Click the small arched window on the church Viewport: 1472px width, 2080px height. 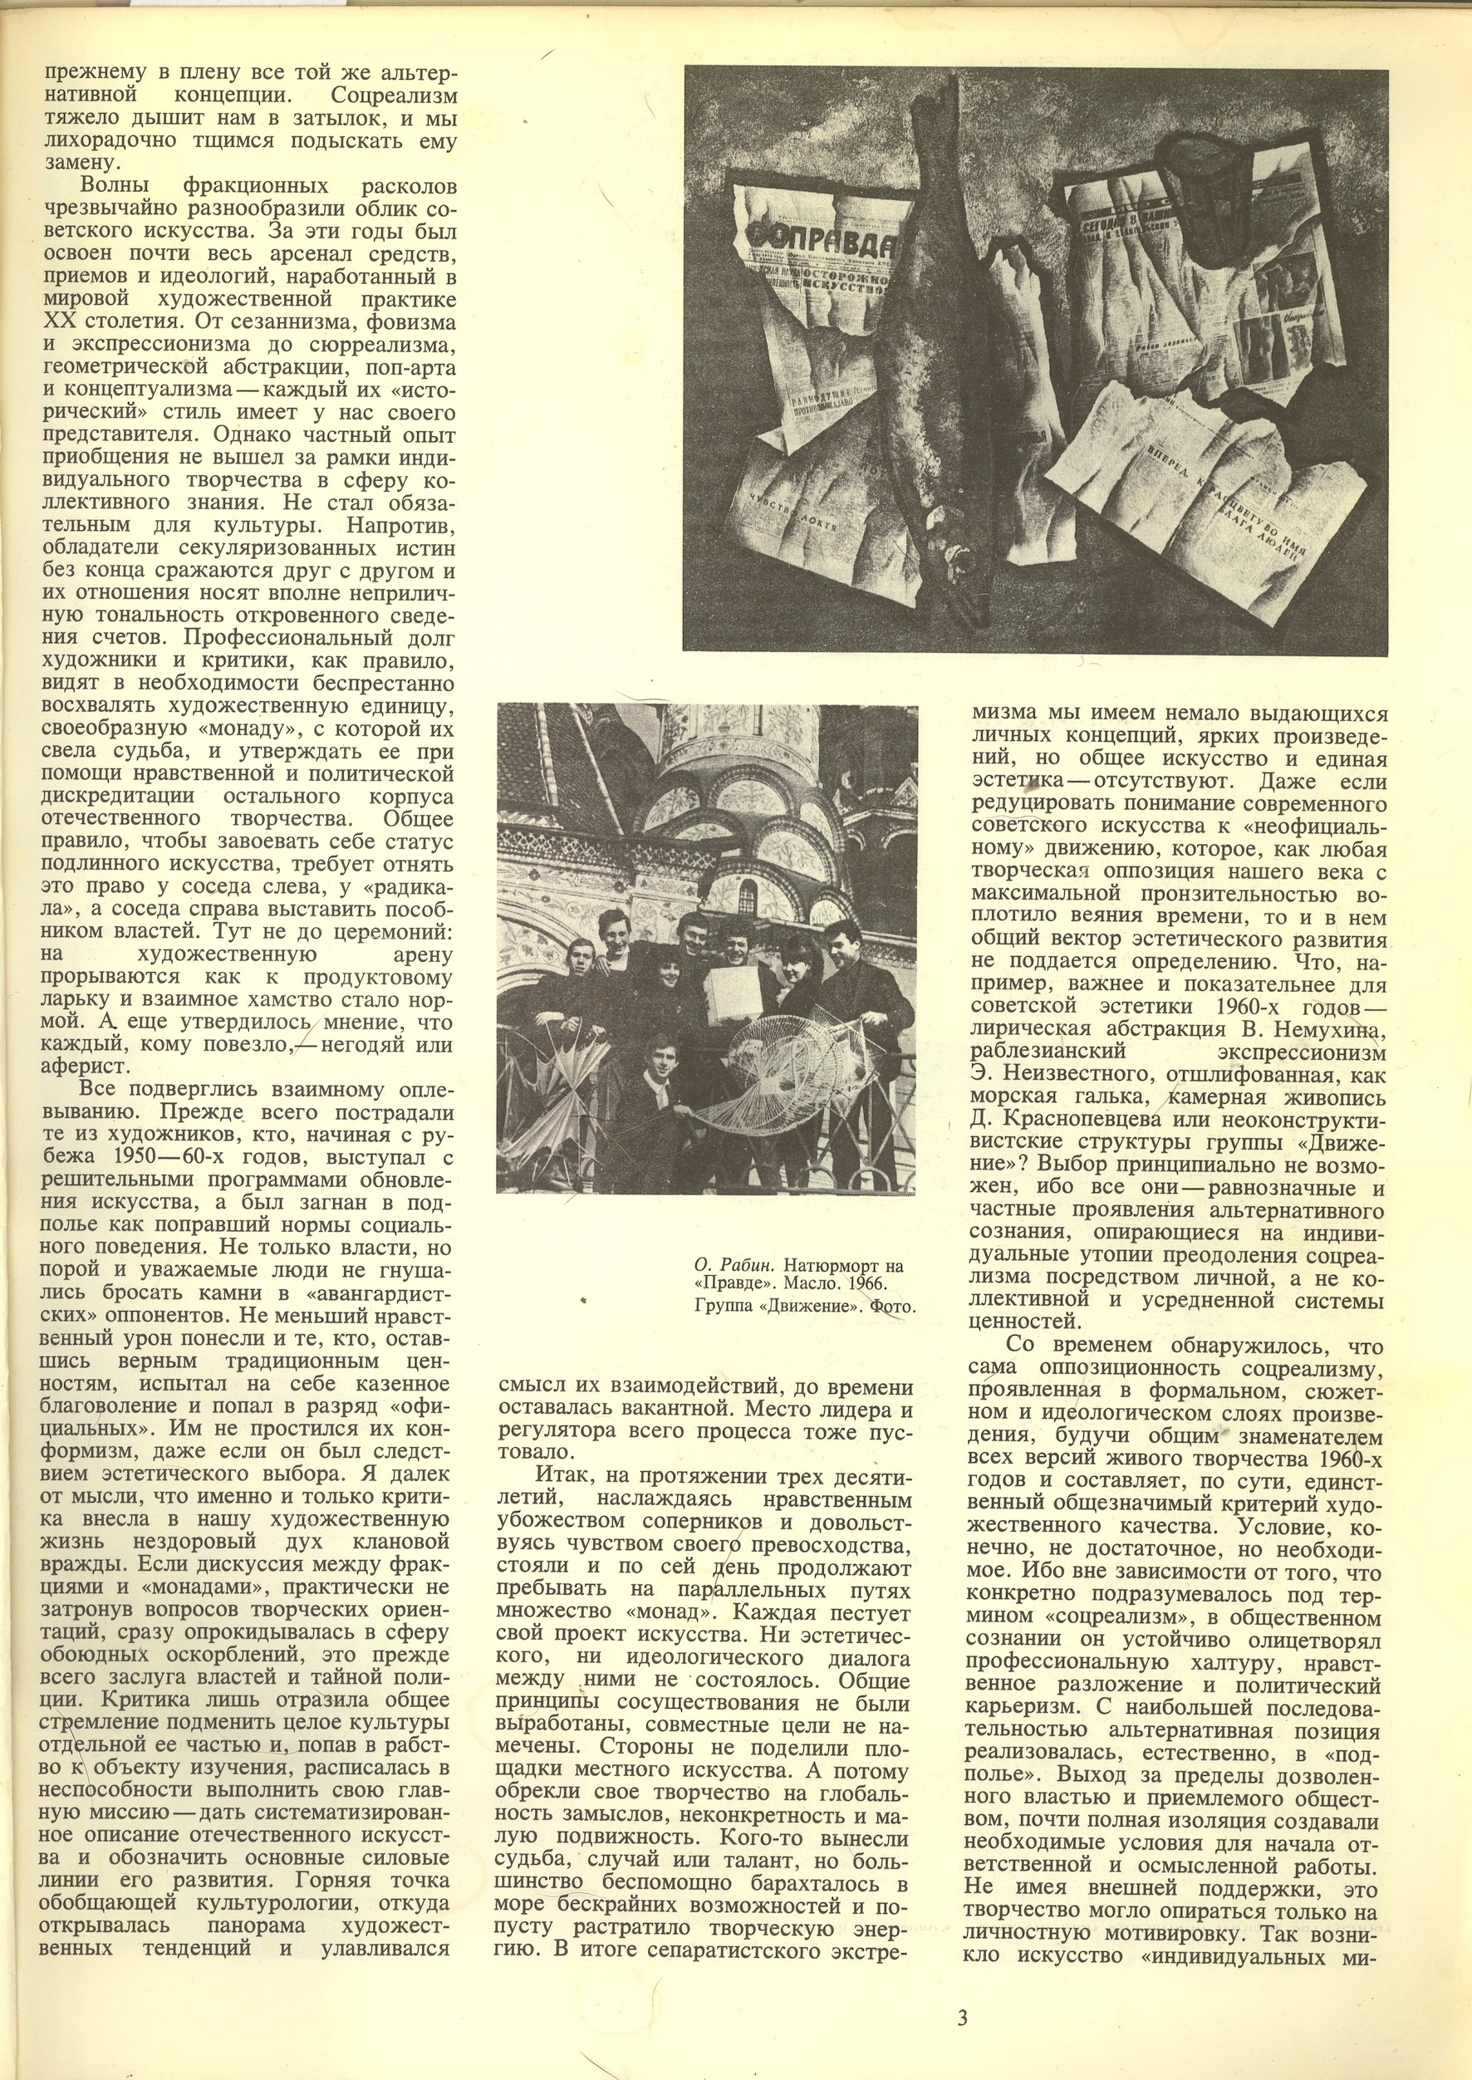tap(749, 897)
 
